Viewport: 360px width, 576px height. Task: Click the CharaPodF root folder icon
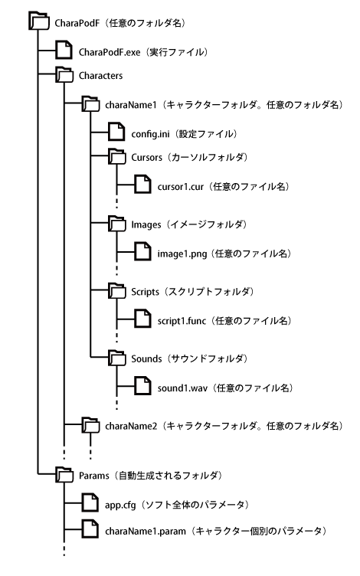coord(39,21)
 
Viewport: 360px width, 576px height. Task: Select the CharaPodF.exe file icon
coord(64,50)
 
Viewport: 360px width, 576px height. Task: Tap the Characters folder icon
coord(64,74)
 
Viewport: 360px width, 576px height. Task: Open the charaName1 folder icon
coord(90,103)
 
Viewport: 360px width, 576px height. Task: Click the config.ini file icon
coord(116,132)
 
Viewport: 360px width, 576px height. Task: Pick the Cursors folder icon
coord(117,156)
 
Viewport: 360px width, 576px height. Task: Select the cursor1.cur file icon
coord(142,184)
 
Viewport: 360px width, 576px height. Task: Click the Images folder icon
coord(117,224)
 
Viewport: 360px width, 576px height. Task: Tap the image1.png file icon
coord(142,251)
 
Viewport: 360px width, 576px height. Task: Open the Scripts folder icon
coord(117,290)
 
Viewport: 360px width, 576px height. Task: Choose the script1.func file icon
coord(142,319)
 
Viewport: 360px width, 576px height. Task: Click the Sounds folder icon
coord(117,358)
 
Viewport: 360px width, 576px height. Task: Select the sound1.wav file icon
coord(142,386)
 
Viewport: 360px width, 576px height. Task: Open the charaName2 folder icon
coord(90,424)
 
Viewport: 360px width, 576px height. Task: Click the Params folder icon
coord(64,474)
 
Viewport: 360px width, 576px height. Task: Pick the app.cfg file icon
coord(90,502)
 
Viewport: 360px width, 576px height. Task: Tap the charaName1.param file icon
coord(90,529)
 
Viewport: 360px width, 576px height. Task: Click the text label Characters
coord(100,76)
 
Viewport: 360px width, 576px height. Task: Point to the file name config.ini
coord(151,134)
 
